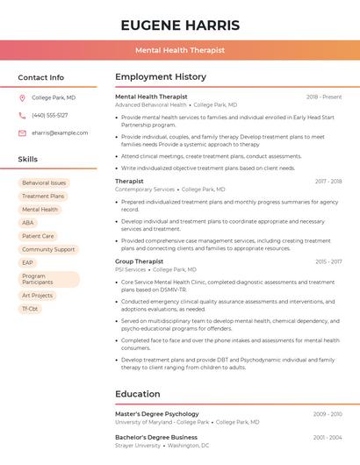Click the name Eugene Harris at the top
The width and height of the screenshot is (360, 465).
coord(180,25)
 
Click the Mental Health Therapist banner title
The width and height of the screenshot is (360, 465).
coord(180,50)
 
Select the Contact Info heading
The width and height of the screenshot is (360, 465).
coord(40,77)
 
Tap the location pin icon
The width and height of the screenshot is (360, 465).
coord(22,98)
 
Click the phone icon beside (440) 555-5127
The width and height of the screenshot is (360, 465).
coord(22,116)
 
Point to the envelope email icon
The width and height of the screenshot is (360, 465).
coord(22,133)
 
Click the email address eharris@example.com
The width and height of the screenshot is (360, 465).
coord(60,133)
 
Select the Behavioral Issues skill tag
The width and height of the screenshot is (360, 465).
coord(44,182)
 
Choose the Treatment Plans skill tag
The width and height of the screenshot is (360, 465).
coord(43,197)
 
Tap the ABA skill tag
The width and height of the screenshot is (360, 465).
coord(28,223)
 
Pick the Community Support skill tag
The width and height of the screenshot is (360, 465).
coord(48,249)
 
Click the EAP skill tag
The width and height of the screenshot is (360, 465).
coord(28,262)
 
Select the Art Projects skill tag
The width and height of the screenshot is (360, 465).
coord(37,296)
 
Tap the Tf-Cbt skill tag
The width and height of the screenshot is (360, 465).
coord(30,309)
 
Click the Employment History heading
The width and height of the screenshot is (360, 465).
coord(161,77)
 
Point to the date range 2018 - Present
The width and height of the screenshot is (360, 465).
coord(324,97)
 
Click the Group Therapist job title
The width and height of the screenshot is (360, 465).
coord(139,261)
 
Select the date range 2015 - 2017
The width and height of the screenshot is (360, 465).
coord(328,261)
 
